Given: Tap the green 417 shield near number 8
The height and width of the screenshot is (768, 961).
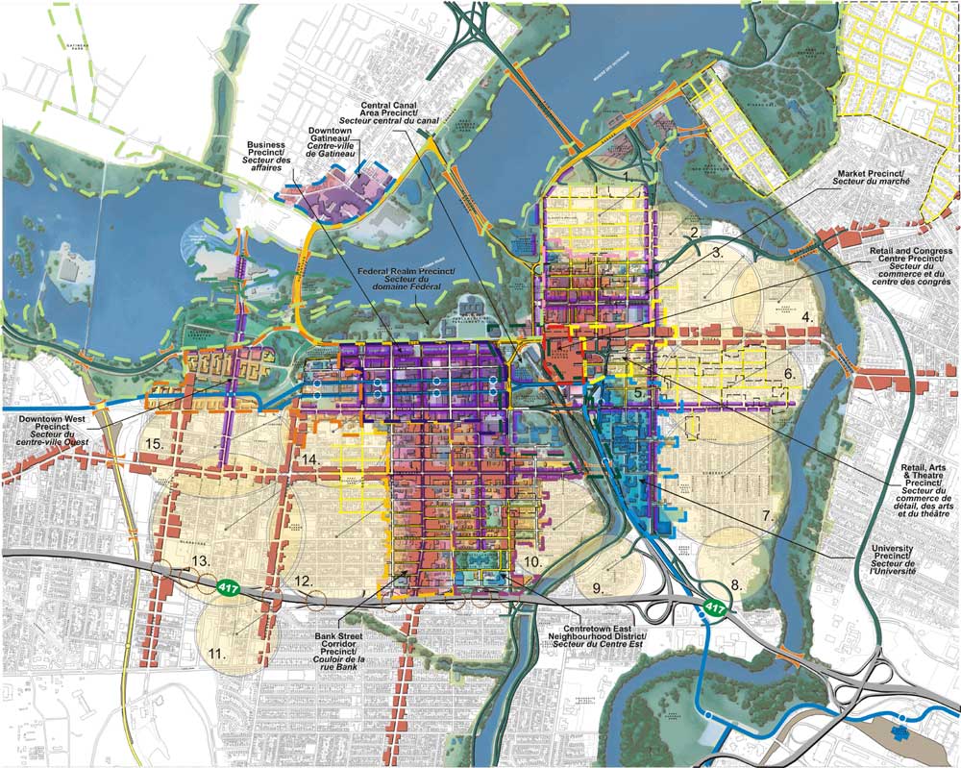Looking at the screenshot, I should tap(714, 607).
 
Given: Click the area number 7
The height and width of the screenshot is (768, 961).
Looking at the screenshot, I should tap(767, 516).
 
